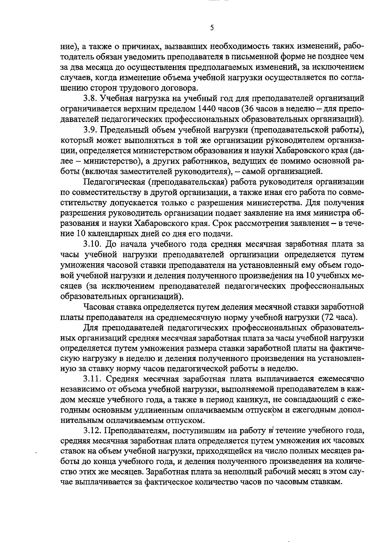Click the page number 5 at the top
click(212, 28)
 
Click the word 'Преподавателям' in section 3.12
click(134, 431)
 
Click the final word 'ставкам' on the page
click(328, 483)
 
